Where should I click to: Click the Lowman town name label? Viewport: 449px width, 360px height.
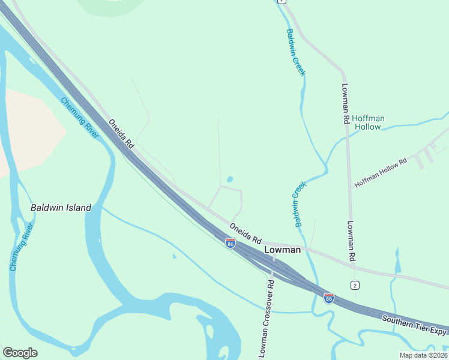tap(282, 250)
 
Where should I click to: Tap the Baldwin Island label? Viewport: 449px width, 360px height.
tap(61, 208)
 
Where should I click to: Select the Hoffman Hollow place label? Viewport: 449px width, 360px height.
tap(367, 122)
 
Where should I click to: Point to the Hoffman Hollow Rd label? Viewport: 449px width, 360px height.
tap(381, 173)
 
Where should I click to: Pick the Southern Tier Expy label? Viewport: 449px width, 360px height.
tap(414, 324)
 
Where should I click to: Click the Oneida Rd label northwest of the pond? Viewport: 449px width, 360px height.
tap(121, 134)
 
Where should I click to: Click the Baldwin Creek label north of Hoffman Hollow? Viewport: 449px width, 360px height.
tap(296, 52)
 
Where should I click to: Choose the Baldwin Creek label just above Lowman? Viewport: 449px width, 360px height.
tap(300, 204)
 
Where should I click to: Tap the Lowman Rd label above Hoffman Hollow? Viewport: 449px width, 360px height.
tap(345, 103)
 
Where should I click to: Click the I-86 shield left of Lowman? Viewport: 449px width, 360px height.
tap(230, 242)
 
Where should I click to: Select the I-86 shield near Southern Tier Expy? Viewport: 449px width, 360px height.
tap(328, 298)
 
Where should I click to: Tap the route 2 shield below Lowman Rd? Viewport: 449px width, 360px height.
tap(355, 284)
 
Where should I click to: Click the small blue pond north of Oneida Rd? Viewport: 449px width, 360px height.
tap(229, 179)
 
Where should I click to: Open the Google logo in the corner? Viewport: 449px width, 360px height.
tap(20, 353)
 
